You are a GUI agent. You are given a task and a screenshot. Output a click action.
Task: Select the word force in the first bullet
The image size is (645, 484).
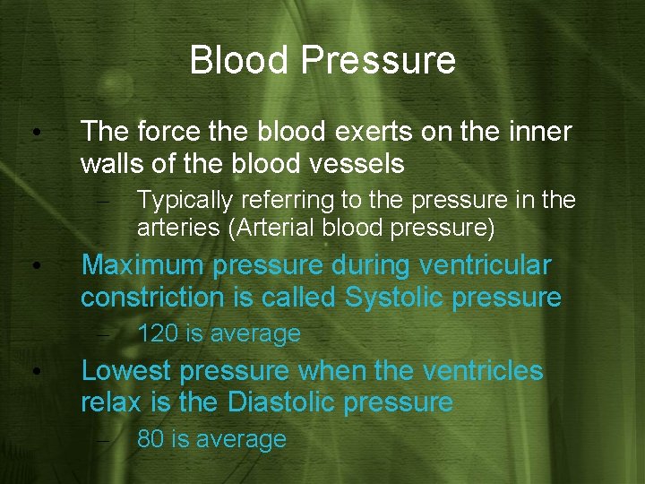click(164, 132)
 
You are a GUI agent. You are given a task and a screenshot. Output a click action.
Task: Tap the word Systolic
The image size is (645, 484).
click(395, 298)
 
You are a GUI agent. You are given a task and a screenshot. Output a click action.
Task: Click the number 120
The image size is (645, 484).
click(158, 334)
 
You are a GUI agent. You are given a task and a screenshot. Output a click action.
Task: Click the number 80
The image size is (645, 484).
click(150, 439)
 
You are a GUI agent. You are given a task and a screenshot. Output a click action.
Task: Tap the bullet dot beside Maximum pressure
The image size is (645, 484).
click(34, 266)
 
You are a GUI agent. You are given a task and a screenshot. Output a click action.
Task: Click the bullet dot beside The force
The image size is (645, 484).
click(34, 133)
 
